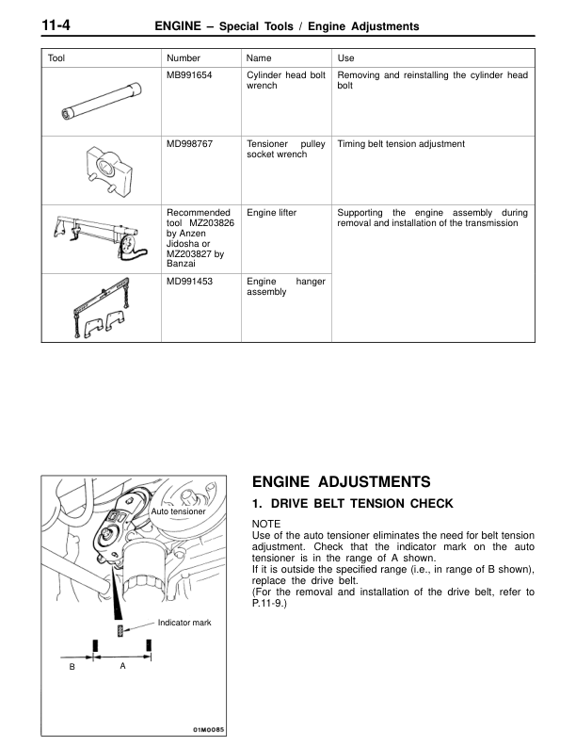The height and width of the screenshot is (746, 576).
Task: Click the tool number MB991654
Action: point(189,74)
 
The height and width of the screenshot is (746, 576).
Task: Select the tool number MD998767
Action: point(189,144)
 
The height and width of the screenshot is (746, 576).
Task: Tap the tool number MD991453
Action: point(189,280)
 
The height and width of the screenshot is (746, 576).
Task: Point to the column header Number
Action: point(183,58)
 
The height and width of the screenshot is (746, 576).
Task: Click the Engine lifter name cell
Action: point(271,213)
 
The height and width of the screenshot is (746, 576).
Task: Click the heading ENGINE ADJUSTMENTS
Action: point(342,481)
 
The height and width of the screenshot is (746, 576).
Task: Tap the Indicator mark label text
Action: point(184,623)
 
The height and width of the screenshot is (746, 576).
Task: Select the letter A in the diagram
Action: point(122,665)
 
